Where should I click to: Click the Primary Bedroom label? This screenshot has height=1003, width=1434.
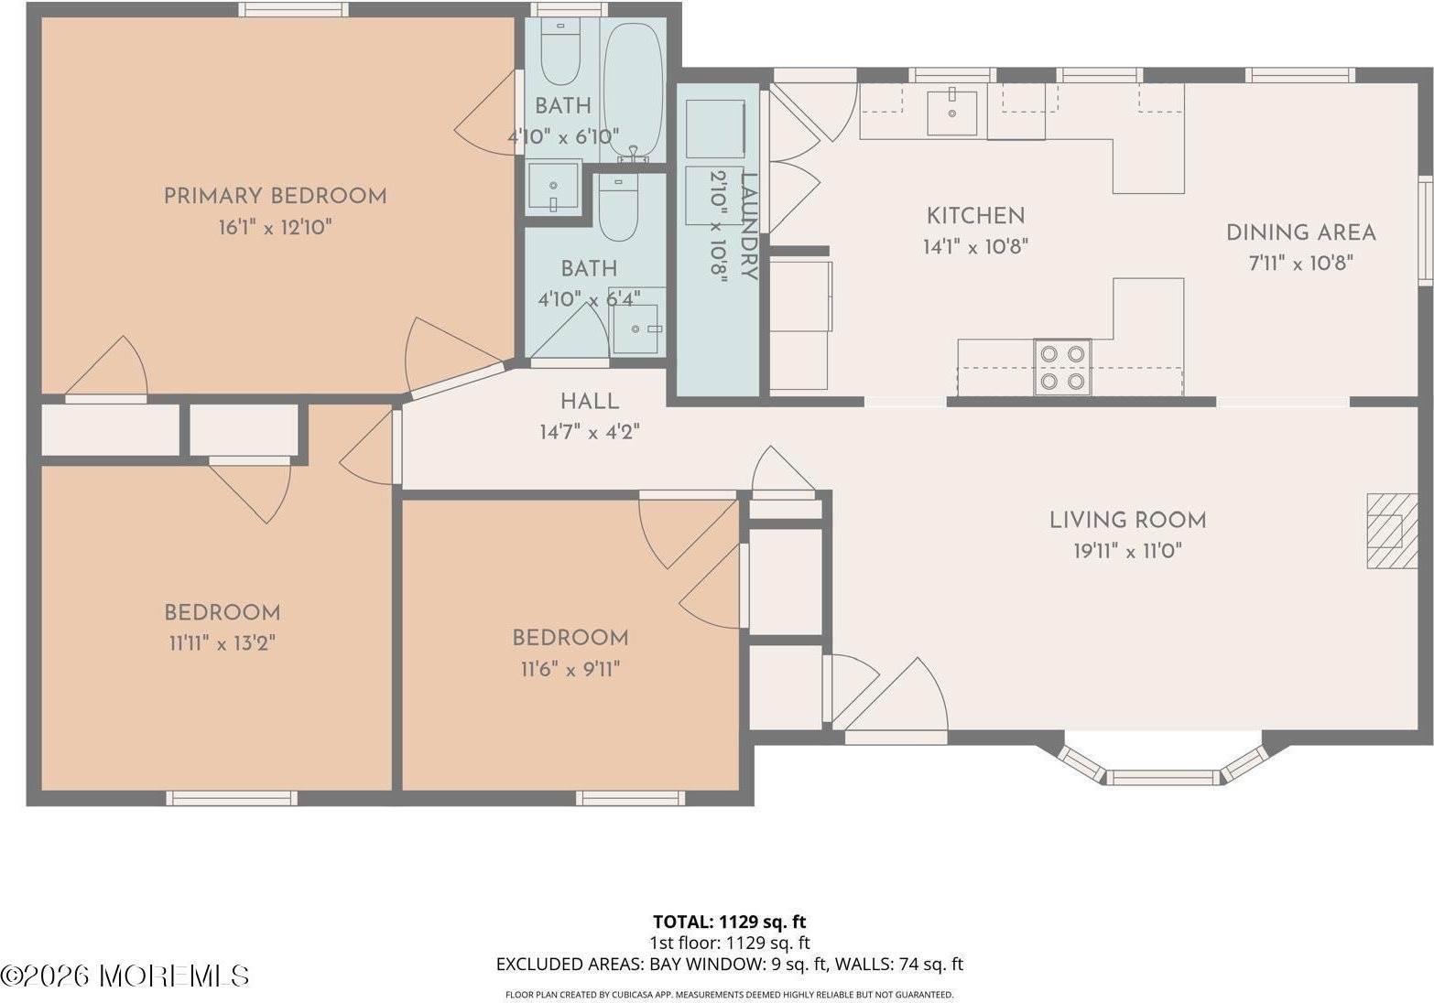276,196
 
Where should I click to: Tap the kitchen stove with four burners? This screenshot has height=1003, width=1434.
1063,367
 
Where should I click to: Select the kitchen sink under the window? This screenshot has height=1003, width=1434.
952,113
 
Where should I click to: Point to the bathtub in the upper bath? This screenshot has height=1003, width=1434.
634,92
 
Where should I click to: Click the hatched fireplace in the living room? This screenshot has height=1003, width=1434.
1392,531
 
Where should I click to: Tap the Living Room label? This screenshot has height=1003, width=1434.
1127,520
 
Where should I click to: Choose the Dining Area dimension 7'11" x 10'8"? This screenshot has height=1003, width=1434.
1300,263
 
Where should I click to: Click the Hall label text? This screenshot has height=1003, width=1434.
590,402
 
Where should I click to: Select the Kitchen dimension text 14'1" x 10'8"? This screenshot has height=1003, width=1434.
975,246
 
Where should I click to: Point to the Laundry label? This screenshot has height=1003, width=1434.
748,226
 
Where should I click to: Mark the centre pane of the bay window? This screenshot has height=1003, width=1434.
1164,777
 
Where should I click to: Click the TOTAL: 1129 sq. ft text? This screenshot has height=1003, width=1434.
729,922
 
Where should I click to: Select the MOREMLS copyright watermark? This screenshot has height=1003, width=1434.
125,976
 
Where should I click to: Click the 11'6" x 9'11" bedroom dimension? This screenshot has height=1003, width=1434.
570,670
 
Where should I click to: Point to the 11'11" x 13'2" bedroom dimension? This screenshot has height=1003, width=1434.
223,642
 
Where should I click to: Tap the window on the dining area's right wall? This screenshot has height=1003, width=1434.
1425,231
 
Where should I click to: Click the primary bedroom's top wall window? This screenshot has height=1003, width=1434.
294,9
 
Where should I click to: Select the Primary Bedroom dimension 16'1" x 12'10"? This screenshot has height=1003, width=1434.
276,227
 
